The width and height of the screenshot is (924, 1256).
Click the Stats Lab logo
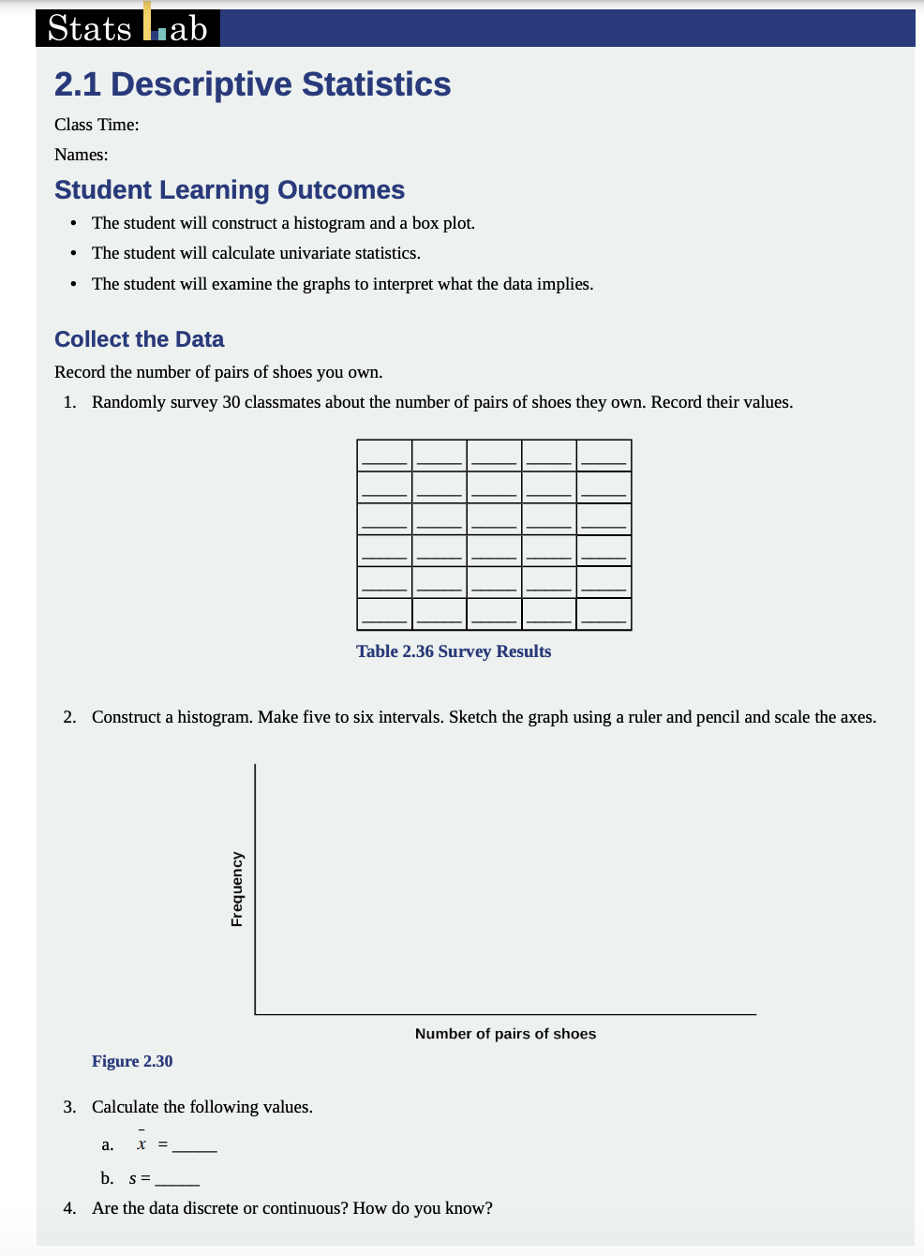point(128,28)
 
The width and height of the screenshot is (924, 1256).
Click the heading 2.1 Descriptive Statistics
point(252,84)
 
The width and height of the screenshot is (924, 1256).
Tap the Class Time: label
point(97,125)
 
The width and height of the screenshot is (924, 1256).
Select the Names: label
point(82,155)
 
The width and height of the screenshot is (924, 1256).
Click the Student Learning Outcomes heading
point(230,190)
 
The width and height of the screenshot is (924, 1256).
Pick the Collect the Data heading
point(140,339)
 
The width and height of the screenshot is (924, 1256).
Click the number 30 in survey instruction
point(231,402)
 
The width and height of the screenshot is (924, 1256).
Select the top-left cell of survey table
point(384,456)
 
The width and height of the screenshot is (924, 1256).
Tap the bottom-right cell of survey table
point(604,614)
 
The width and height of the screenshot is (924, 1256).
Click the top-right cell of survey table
point(604,456)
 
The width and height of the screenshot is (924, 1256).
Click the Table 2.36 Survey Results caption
point(454,651)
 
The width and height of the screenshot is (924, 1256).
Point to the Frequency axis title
point(237,889)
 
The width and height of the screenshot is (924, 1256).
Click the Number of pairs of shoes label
point(505,1034)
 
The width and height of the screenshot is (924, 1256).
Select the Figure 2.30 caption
point(132,1061)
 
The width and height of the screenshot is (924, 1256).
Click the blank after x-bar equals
point(195,1146)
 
